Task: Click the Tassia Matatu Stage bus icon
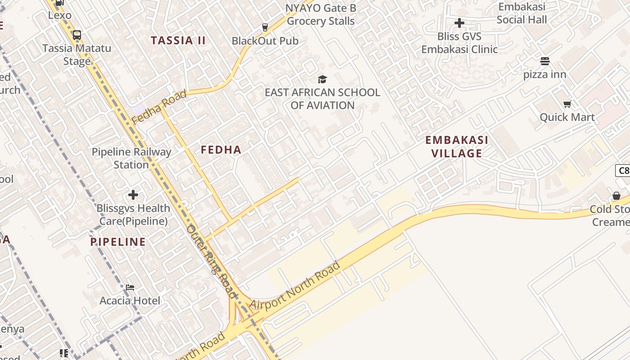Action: click(77, 35)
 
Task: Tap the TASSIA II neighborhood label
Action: click(178, 40)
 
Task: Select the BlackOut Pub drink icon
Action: click(265, 27)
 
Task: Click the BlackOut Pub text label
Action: click(265, 41)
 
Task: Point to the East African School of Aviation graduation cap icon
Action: click(322, 80)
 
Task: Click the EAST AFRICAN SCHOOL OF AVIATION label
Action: click(322, 99)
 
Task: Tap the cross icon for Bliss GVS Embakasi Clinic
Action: click(459, 22)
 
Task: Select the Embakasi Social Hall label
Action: click(522, 13)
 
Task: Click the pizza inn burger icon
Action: click(544, 61)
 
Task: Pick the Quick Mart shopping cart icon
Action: click(567, 104)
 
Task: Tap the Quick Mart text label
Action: click(567, 117)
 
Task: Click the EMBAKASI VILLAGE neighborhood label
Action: click(457, 147)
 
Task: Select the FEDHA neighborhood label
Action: click(221, 150)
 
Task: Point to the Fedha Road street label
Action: click(159, 108)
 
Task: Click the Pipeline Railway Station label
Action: click(131, 158)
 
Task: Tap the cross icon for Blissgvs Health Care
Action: click(133, 195)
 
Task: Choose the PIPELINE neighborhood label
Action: click(118, 242)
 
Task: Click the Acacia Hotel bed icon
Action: click(130, 287)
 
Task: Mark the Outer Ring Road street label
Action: click(211, 261)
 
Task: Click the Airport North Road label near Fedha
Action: click(295, 286)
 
